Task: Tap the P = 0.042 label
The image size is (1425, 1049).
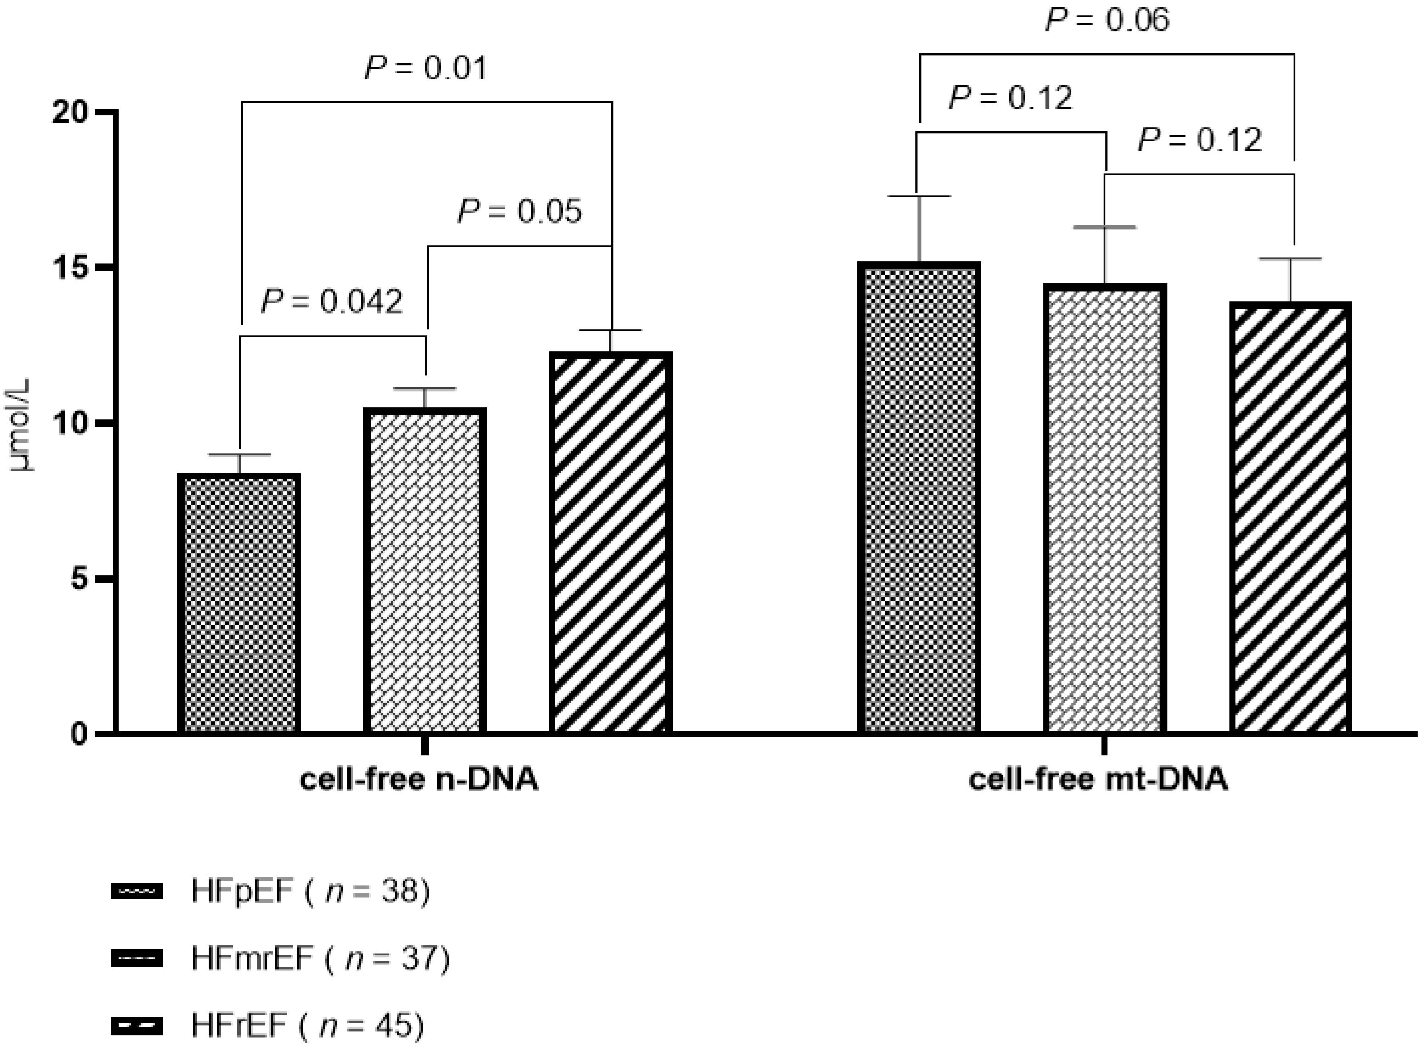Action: click(332, 302)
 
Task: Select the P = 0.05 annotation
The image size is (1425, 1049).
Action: click(519, 212)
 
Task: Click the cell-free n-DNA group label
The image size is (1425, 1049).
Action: click(419, 780)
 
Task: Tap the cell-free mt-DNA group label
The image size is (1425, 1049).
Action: click(1098, 780)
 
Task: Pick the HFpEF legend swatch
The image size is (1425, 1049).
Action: click(136, 892)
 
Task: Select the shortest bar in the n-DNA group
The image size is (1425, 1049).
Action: click(239, 603)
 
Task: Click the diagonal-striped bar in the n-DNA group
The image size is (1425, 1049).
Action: click(611, 543)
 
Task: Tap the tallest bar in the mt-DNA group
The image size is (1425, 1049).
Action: click(919, 499)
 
